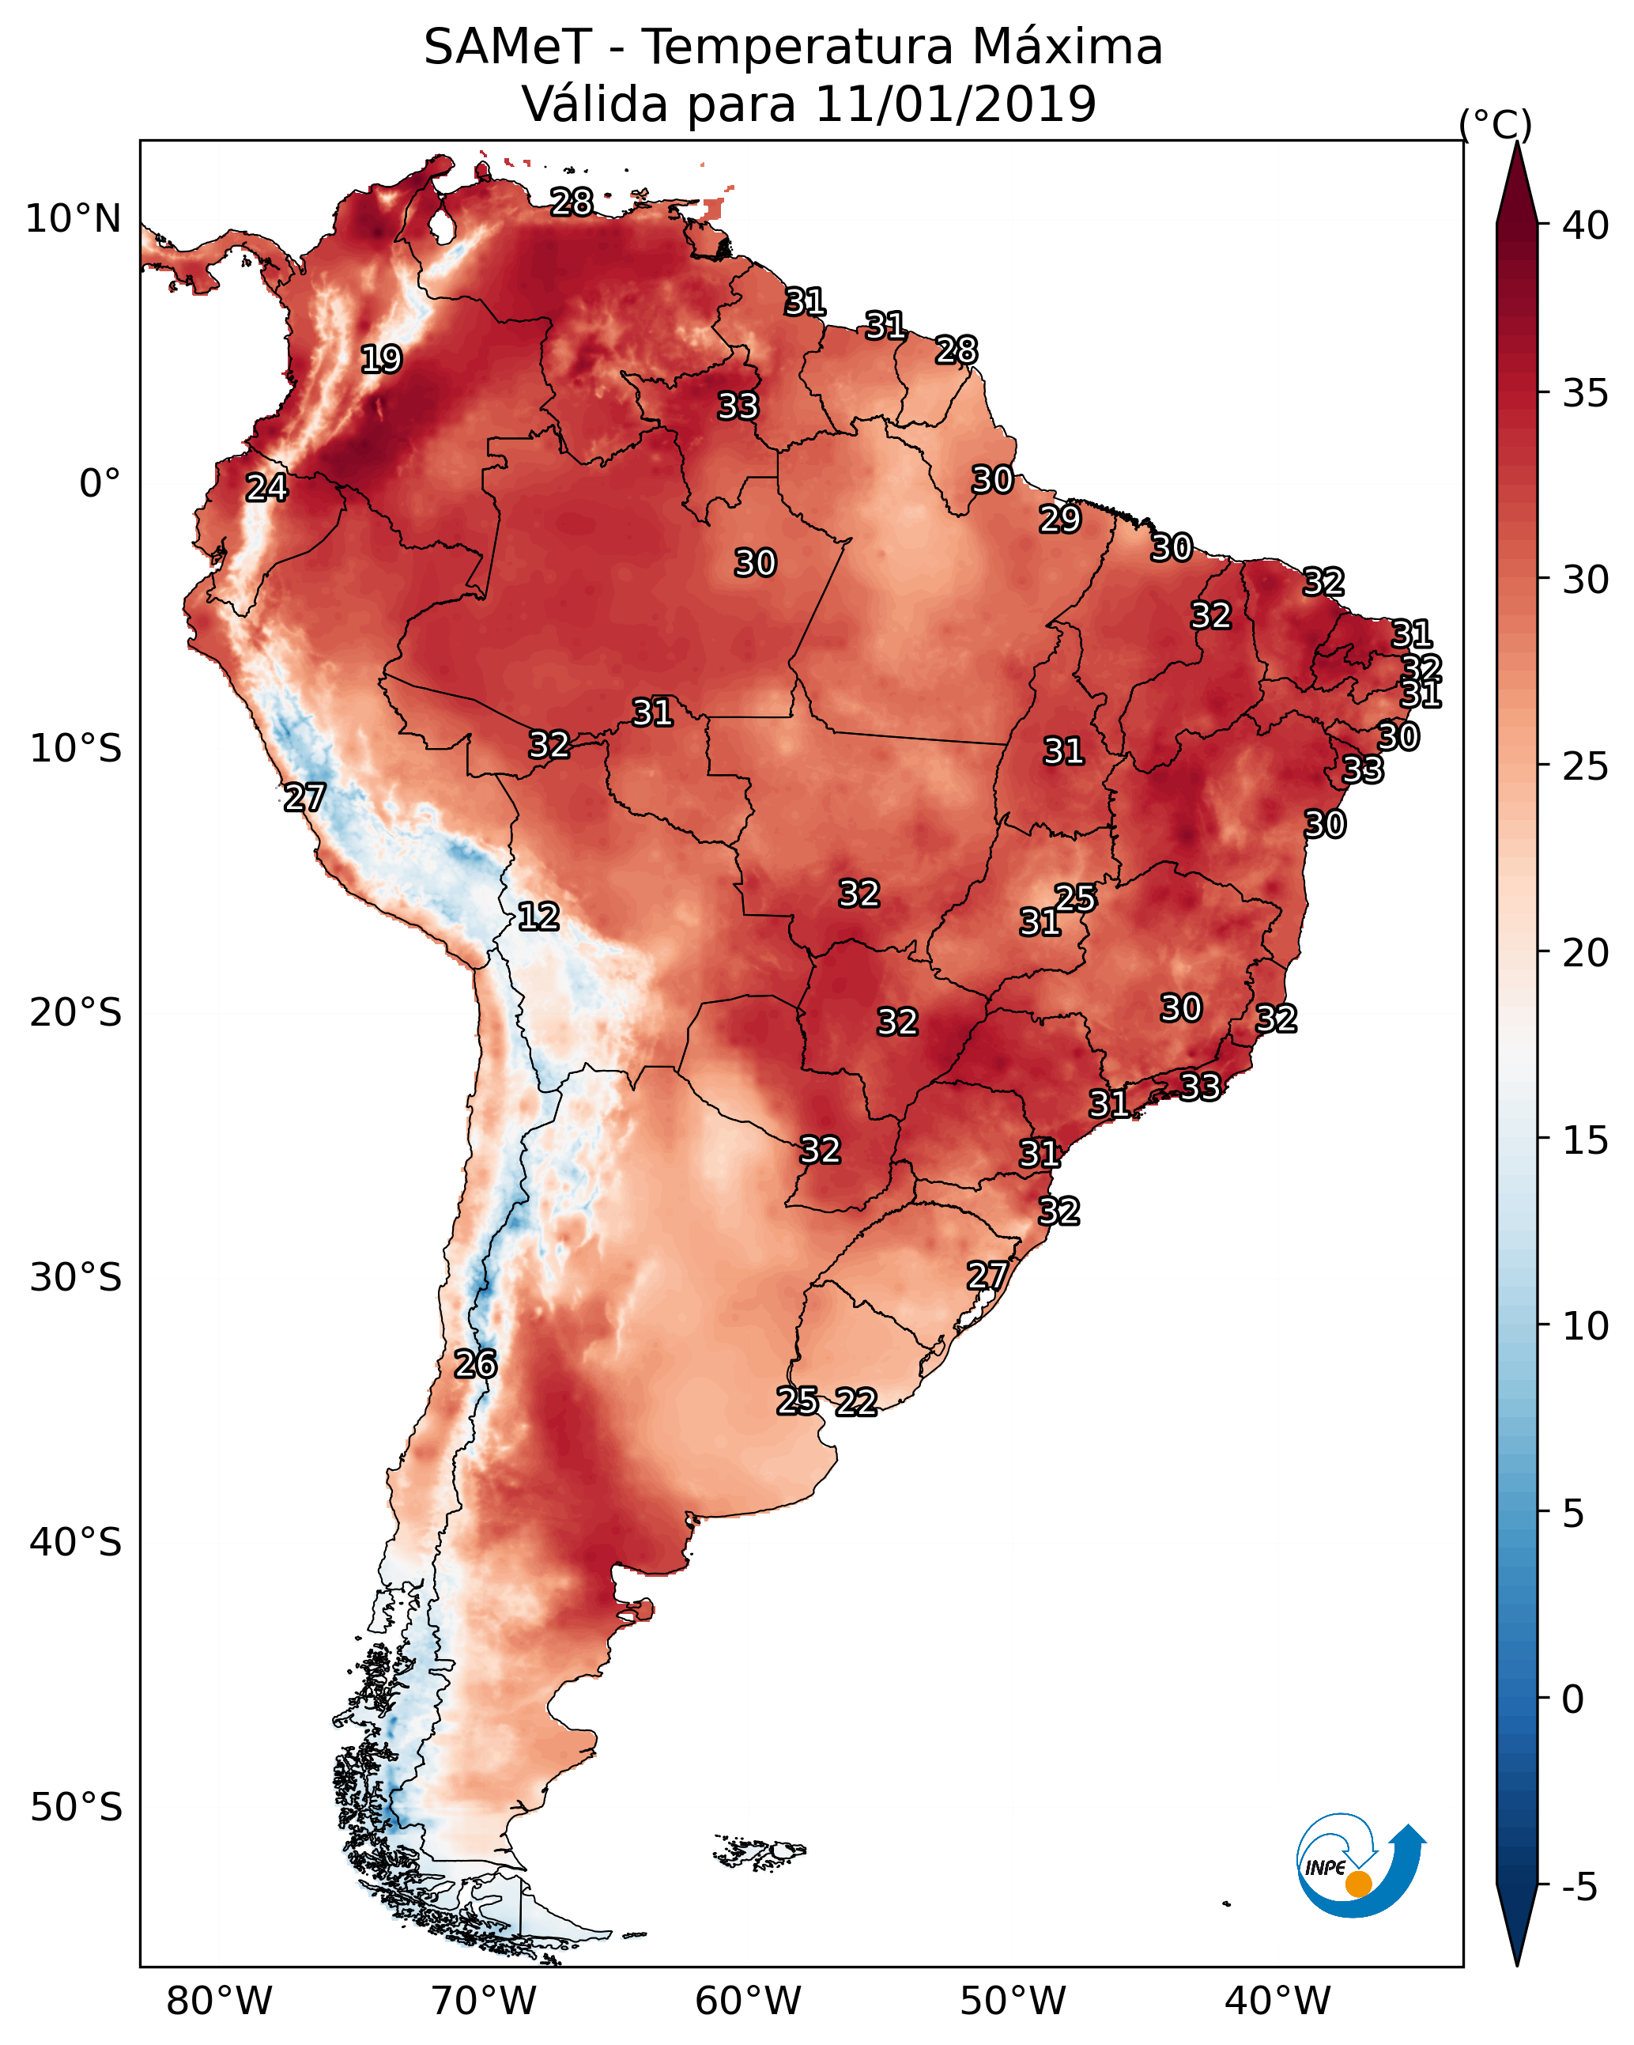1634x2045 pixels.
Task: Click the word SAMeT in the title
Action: [508, 47]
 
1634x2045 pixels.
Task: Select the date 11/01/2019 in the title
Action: [955, 104]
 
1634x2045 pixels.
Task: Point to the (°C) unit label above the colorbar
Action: [1495, 124]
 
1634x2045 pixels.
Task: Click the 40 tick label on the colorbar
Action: [1586, 225]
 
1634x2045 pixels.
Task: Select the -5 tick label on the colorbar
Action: [1579, 1887]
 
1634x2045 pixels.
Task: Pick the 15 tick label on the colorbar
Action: [1586, 1140]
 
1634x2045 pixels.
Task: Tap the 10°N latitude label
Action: [73, 219]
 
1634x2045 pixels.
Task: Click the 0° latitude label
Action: [100, 484]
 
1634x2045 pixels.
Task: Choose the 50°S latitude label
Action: [76, 1808]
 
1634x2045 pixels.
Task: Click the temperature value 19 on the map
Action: [381, 360]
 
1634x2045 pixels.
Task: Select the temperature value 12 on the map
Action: [538, 917]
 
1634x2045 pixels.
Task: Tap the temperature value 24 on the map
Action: [266, 488]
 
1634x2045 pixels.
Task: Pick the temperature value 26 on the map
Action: [475, 1364]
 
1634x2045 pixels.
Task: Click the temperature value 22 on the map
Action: [856, 1402]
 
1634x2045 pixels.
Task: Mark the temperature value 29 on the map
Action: [1059, 519]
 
